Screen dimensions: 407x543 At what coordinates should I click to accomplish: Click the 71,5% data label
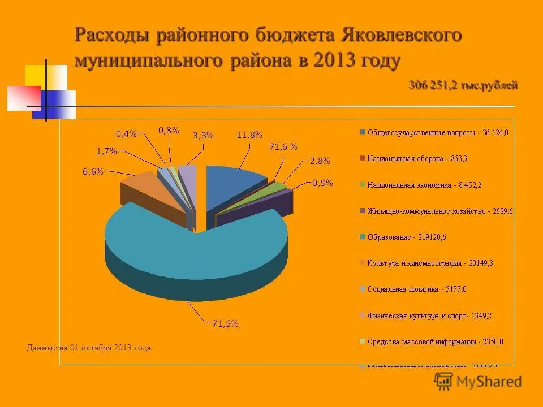coord(225,324)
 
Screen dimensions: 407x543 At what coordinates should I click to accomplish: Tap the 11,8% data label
coord(249,135)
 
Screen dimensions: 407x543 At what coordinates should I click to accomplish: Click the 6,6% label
coord(93,172)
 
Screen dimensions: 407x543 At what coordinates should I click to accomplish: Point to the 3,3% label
coord(203,136)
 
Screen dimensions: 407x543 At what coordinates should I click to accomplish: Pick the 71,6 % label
coord(283,147)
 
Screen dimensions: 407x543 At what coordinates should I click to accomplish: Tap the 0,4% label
coord(126,133)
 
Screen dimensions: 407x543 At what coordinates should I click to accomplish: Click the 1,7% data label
coord(106,151)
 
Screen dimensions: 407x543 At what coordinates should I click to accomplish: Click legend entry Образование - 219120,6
coord(406,237)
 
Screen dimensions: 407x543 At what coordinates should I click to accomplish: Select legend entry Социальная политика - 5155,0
coord(416,289)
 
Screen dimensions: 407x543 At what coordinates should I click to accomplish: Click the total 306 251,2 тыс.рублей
coord(463,85)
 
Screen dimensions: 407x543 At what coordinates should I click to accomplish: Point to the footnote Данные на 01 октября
coord(89,348)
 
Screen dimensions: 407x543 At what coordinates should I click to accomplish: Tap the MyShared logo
coord(478,381)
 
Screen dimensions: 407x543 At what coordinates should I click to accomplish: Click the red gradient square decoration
coord(24,97)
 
